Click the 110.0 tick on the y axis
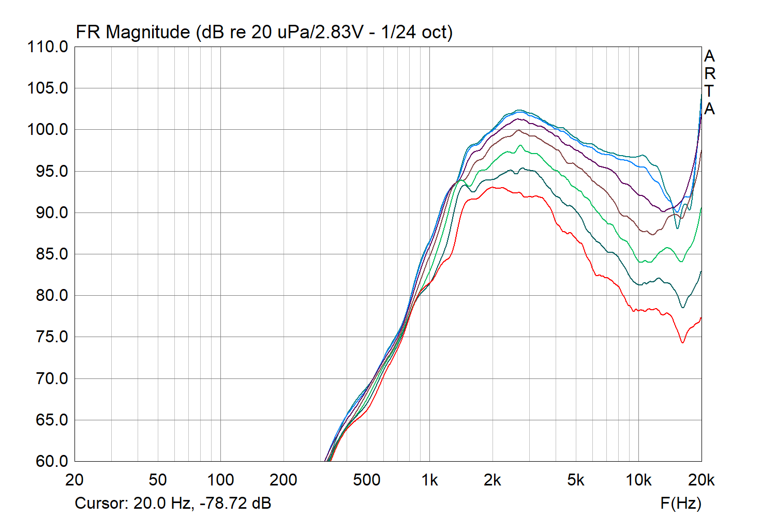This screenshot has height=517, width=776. [48, 47]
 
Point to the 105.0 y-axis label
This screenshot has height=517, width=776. [48, 88]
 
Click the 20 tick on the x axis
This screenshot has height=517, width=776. [74, 480]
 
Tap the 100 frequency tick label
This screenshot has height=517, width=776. [220, 480]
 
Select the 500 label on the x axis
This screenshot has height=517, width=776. [366, 480]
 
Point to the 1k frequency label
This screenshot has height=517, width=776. [429, 480]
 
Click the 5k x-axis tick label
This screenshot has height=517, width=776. [576, 480]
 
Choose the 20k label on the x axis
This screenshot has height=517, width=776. [701, 480]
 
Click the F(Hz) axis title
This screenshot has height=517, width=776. [681, 503]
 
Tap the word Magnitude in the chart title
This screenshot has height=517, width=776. [148, 32]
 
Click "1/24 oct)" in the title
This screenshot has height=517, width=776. [417, 32]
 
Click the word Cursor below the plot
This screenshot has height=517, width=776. [101, 503]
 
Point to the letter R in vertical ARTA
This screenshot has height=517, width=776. [710, 73]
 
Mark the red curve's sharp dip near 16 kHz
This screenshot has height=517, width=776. [683, 342]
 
